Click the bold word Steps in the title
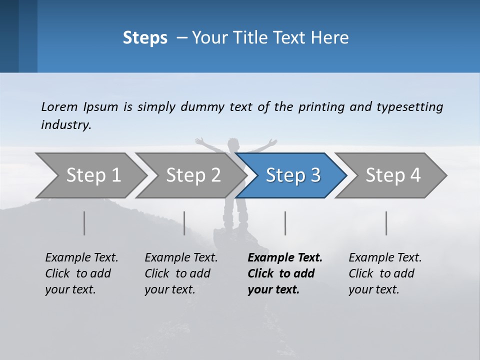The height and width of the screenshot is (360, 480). pos(145,38)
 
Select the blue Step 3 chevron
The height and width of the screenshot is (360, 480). pos(293,175)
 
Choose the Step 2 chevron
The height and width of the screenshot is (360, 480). pos(193,175)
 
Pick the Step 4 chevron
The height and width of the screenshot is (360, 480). pos(393,175)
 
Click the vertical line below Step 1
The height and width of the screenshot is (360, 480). pos(84,223)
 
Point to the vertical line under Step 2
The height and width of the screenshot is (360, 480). pos(184,223)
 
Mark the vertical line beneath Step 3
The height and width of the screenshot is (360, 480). pos(285,223)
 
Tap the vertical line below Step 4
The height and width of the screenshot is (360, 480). pos(386,223)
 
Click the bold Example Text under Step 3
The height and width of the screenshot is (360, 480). pos(285,258)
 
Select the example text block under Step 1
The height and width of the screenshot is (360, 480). pos(81,273)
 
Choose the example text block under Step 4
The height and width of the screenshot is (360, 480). pos(385,273)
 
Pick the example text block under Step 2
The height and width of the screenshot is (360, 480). pos(181,273)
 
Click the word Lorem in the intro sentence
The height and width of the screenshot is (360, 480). pos(59,107)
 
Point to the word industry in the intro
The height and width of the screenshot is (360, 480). pos(66,125)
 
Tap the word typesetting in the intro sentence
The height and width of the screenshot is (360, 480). pos(409,107)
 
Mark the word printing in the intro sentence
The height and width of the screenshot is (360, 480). pos(321,107)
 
